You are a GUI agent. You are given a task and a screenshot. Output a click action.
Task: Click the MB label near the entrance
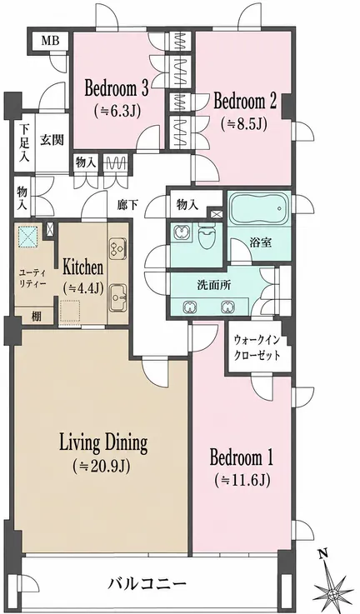[x=51, y=40]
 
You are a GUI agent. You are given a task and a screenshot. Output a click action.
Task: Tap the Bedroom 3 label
[x=117, y=89]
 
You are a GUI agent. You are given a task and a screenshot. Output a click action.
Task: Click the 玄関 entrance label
[x=52, y=140]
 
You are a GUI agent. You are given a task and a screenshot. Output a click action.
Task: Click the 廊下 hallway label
[x=127, y=204]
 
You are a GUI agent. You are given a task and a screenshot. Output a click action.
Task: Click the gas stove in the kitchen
[x=117, y=248]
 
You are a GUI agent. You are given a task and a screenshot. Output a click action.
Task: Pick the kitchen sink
[x=117, y=297]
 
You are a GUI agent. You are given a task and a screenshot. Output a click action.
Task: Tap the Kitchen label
[x=83, y=268]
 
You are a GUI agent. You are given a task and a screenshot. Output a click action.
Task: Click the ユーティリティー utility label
[x=32, y=277]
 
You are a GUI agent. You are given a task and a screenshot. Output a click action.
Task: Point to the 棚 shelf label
[x=36, y=317]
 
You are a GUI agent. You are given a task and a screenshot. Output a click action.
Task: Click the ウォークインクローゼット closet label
[x=257, y=347]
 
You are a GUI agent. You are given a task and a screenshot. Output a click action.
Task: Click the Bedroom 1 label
[x=242, y=457]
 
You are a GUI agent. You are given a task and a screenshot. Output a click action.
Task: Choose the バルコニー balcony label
[x=147, y=585]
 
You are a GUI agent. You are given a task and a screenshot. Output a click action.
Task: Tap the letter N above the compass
[x=322, y=554]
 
